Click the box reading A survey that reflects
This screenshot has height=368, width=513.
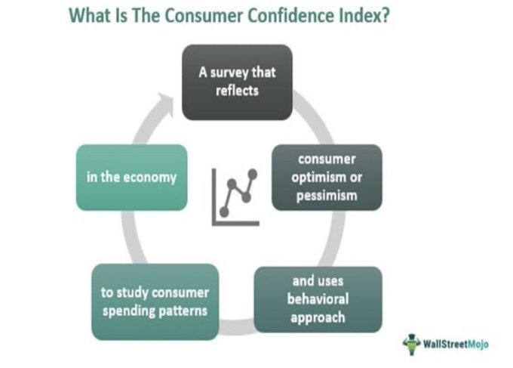[x=237, y=82]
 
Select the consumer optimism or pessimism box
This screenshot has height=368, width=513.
[x=327, y=178]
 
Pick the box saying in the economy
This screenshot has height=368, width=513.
[x=131, y=178]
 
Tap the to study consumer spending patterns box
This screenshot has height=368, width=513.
[x=155, y=302]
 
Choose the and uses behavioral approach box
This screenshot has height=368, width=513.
[x=318, y=299]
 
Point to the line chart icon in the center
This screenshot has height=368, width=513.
[x=235, y=197]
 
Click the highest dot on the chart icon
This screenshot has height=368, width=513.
[x=253, y=174]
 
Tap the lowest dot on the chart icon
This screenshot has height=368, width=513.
[x=224, y=212]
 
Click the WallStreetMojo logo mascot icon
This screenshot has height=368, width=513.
[x=412, y=344]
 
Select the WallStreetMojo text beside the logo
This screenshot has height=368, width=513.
[x=456, y=344]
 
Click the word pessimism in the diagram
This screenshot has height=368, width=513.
[x=327, y=196]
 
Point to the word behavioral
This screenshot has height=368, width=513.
[x=318, y=298]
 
